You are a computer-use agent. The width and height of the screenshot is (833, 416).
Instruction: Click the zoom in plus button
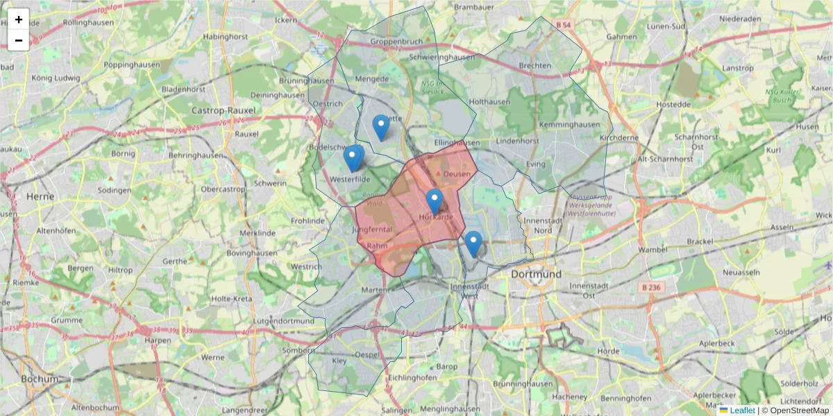19,19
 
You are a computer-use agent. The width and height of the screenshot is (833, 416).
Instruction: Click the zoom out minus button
19,40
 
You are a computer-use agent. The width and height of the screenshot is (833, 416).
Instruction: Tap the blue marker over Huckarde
435,202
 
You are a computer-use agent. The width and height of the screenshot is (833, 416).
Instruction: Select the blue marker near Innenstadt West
473,244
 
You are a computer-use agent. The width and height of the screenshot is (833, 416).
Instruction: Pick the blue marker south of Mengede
380,128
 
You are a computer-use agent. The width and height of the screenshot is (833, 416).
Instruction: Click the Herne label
40,196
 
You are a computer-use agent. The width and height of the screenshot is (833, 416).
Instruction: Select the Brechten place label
535,66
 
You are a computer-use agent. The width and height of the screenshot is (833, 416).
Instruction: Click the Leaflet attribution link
742,410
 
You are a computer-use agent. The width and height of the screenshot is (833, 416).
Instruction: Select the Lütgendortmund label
284,321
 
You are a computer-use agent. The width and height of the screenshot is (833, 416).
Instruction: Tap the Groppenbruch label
396,42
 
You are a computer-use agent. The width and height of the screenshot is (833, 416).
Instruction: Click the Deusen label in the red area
457,174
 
